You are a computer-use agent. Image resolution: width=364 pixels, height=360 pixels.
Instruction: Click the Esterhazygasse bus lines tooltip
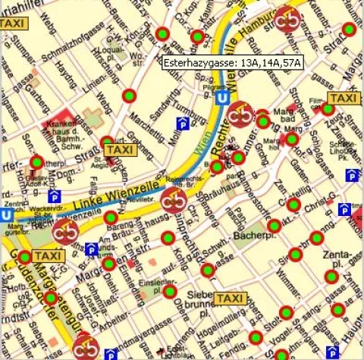coord(231,63)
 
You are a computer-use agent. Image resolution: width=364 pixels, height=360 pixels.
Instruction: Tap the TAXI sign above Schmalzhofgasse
coord(13,24)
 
